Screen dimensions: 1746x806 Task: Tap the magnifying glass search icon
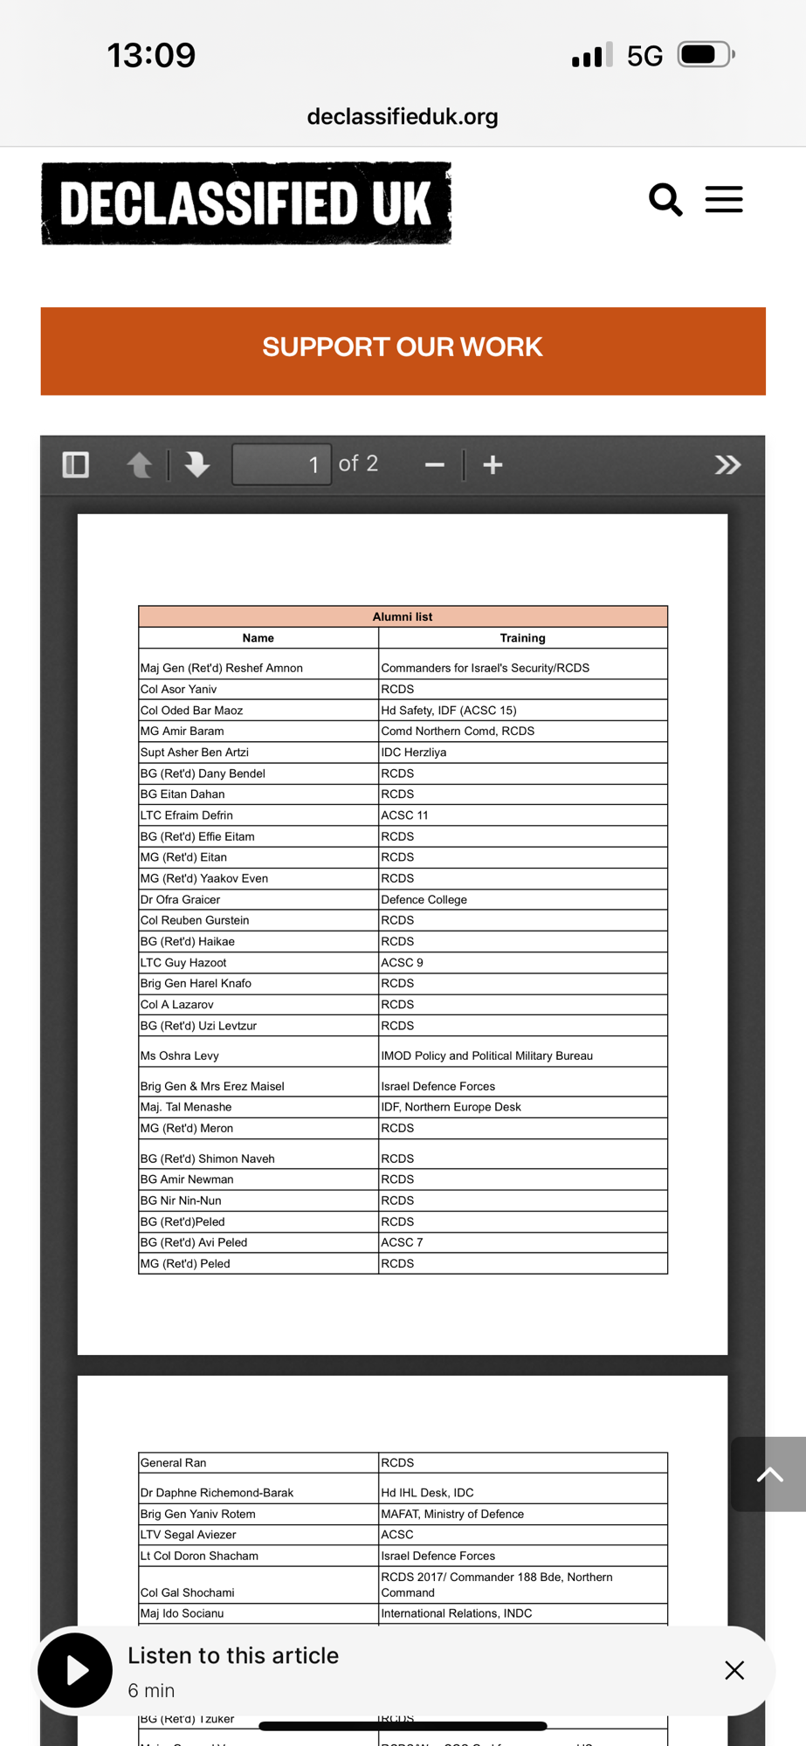pos(665,200)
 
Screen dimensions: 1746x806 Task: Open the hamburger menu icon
pos(724,200)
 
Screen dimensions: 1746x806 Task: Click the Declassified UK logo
pos(246,203)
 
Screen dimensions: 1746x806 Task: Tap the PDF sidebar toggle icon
pos(76,464)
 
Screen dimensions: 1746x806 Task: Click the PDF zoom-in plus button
pos(493,464)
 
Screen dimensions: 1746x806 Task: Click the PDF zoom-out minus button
pos(435,464)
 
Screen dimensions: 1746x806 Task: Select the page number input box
pos(281,464)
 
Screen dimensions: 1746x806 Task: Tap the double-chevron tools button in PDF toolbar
pos(727,464)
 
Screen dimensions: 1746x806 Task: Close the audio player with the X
pos(734,1670)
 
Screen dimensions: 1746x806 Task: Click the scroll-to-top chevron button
pos(769,1474)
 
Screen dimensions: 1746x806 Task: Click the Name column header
pos(258,638)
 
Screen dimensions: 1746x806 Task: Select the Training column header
pos(522,638)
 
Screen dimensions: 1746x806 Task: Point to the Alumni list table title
pos(403,616)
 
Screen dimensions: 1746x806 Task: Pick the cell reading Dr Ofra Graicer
pos(181,899)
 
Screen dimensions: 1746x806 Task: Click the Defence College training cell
pos(424,899)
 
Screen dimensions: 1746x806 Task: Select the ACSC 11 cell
pos(404,815)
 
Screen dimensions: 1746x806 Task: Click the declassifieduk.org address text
pos(403,116)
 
